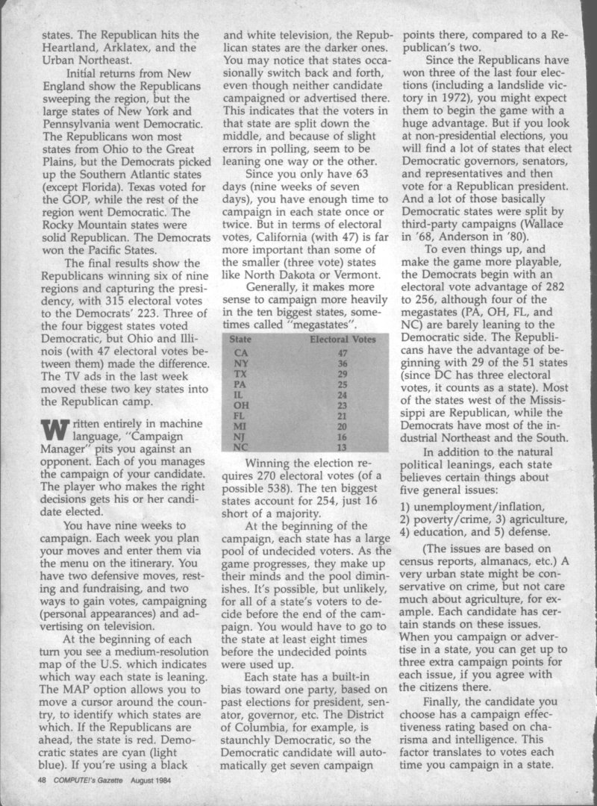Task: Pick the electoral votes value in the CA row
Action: click(343, 352)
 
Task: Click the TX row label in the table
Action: click(241, 375)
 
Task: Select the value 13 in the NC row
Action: click(343, 448)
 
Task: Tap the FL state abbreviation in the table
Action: click(240, 416)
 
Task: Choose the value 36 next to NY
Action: click(343, 363)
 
